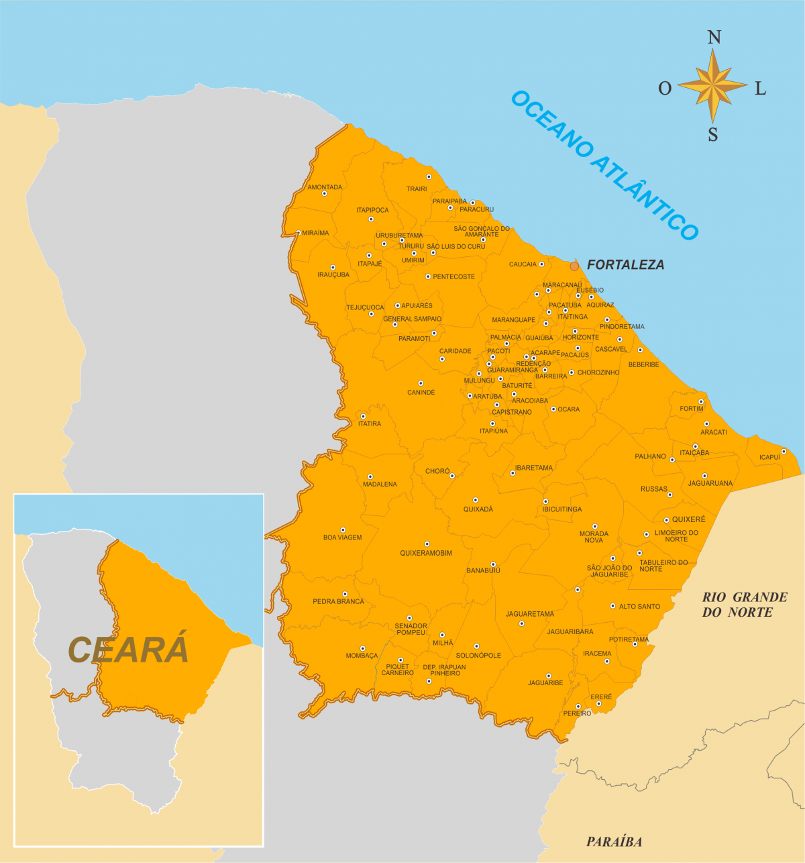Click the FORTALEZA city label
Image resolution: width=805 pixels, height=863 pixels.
[625, 265]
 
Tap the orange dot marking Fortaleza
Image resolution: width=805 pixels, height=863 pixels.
[574, 266]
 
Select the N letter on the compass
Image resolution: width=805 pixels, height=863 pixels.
[714, 38]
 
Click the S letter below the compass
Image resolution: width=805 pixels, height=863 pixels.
[713, 135]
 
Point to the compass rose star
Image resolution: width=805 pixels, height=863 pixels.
[712, 86]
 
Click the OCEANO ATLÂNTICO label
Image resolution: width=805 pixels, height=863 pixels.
[604, 165]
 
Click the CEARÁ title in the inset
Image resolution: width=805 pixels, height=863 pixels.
[128, 650]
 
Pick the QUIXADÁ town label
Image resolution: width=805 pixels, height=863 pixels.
[478, 509]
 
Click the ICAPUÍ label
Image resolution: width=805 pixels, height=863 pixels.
[769, 458]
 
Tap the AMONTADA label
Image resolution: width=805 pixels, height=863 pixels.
[325, 187]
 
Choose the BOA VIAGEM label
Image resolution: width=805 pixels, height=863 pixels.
[342, 538]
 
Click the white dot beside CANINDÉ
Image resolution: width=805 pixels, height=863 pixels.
[421, 383]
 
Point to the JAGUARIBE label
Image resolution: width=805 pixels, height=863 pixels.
[545, 683]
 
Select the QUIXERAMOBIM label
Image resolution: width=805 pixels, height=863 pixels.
[426, 554]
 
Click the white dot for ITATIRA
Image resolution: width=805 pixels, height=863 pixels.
[364, 416]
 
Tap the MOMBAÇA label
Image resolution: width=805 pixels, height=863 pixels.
[362, 656]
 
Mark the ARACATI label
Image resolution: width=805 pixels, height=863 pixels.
[714, 432]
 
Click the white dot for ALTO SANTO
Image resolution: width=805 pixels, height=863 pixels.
[612, 606]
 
